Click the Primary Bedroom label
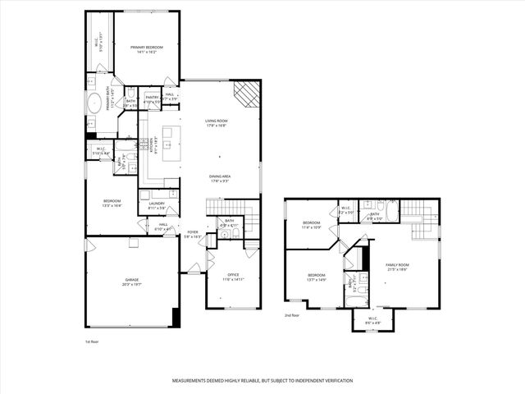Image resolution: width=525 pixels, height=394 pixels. (147, 48)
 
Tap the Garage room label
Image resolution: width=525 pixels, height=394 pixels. (131, 281)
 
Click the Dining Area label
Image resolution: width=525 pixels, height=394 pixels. (219, 177)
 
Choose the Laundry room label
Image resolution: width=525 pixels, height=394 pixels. (157, 206)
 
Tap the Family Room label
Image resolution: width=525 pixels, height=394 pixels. (397, 265)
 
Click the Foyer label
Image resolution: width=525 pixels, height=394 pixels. (193, 232)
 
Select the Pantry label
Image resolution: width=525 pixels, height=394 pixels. (152, 97)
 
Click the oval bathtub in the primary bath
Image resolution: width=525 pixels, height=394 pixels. (95, 104)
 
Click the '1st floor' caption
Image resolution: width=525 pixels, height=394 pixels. (92, 341)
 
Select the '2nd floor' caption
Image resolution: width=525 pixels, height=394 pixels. (292, 314)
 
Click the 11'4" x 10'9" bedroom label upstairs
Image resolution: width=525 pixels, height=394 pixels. (311, 224)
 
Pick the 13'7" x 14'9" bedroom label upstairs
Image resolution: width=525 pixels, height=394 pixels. (317, 276)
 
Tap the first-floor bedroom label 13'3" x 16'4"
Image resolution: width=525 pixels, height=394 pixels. (112, 202)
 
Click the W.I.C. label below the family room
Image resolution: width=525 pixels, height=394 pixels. (372, 318)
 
